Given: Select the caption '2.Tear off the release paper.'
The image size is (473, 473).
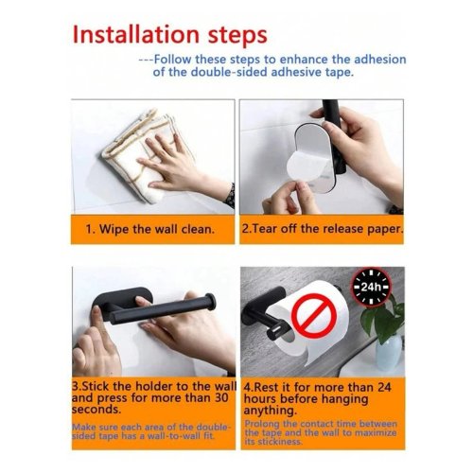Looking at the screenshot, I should coord(322,229).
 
